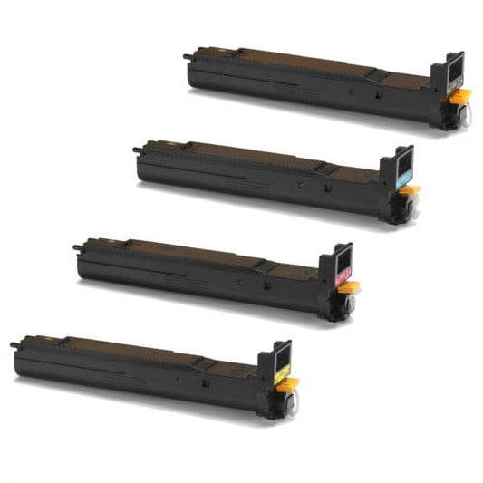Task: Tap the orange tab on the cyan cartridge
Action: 411,190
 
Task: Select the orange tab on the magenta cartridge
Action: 350,287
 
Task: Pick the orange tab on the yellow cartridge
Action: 287,384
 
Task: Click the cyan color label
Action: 402,181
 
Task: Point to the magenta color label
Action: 341,279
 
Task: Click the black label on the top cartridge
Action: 454,84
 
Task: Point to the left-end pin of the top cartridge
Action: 187,56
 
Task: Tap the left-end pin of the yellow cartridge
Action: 14,344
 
